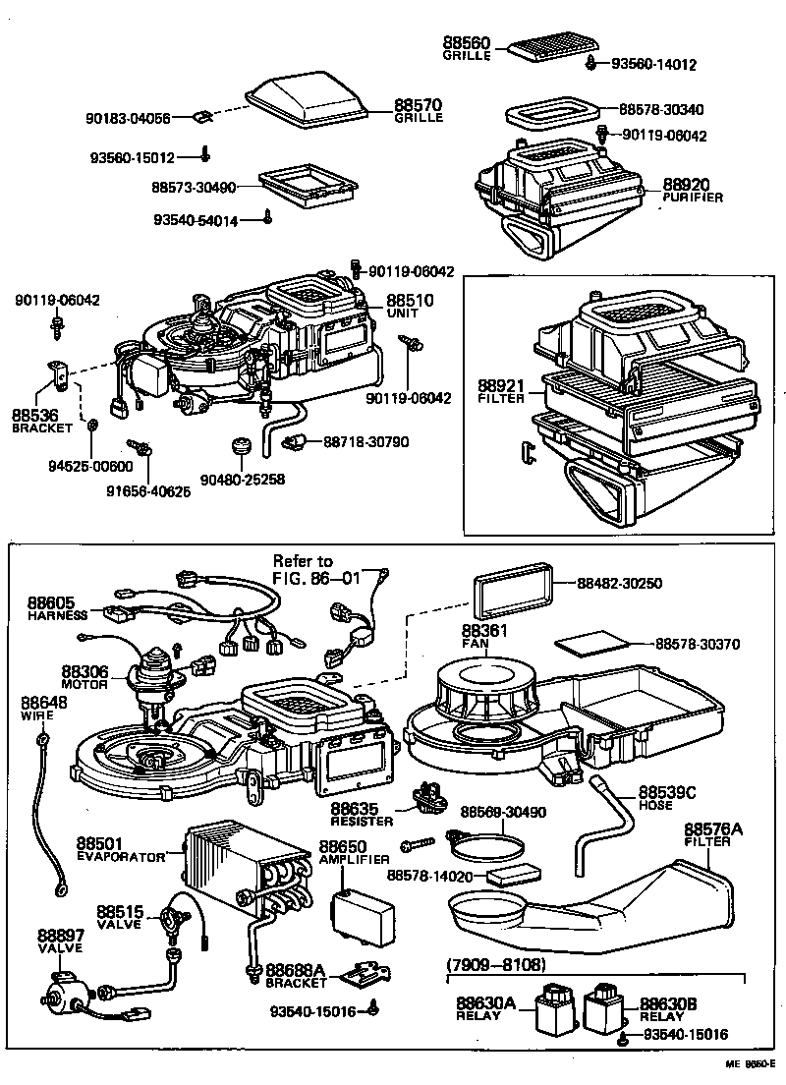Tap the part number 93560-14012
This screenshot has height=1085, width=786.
(x=653, y=65)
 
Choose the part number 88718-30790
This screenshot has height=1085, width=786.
(x=366, y=443)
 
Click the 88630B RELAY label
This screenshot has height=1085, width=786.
(x=668, y=1008)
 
